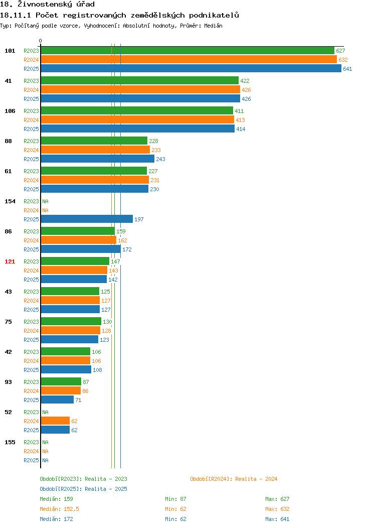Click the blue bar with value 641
click(191, 68)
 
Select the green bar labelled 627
click(187, 51)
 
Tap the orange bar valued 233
click(96, 150)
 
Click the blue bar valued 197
click(87, 219)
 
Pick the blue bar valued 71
click(57, 400)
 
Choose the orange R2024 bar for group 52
click(55, 421)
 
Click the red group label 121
click(10, 261)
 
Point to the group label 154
click(10, 201)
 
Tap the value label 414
click(241, 129)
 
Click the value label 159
click(121, 231)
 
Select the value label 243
click(160, 159)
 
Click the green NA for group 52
click(46, 412)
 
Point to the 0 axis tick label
click(41, 41)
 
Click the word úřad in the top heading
click(83, 5)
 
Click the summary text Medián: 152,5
click(60, 509)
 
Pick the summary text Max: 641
click(277, 519)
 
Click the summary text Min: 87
click(175, 499)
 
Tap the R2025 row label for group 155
click(31, 460)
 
